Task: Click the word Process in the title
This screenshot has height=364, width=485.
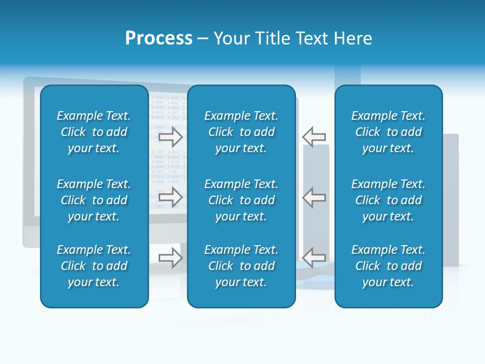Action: pos(159,38)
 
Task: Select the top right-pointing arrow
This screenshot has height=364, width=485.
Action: pos(171,136)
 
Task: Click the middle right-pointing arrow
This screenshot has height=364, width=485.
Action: pos(171,197)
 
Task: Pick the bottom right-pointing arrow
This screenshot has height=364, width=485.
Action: pos(171,257)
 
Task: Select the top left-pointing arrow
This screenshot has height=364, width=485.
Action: pos(314,136)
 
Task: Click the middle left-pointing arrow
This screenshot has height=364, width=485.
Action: pos(314,197)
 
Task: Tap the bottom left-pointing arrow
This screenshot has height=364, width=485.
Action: pos(314,257)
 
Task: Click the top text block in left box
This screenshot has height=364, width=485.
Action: pos(94,132)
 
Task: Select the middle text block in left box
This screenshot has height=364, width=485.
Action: pos(94,200)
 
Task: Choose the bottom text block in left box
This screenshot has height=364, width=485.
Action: pos(94,266)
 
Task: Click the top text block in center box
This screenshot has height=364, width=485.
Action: pos(241,132)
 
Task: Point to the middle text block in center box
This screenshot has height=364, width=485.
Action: pos(241,200)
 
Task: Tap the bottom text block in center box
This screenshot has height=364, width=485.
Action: pos(241,266)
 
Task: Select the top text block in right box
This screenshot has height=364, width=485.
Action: pos(389,132)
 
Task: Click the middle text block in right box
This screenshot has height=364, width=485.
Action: pos(389,200)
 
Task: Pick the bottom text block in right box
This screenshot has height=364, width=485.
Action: pos(389,266)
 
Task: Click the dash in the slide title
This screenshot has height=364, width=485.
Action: pos(203,39)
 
